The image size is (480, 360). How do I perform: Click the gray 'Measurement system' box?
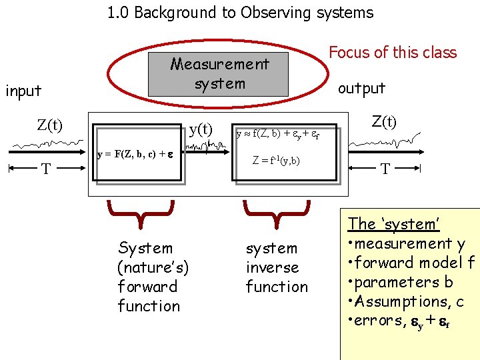coord(219,74)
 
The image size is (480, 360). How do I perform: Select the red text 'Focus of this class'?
coord(393,53)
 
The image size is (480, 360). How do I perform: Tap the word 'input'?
coord(23,91)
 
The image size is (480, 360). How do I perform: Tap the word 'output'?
coord(361,88)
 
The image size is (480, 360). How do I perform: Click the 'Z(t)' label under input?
coord(50,125)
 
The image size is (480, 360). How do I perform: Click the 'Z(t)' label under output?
coord(384,122)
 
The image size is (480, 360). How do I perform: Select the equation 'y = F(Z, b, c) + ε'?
coord(135,154)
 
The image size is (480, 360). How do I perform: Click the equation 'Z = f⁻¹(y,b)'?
coord(276,160)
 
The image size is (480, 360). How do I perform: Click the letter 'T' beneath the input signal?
coord(45,169)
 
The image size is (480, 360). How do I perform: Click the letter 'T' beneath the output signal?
coord(385,169)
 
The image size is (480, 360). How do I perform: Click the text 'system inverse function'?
coord(276,267)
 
